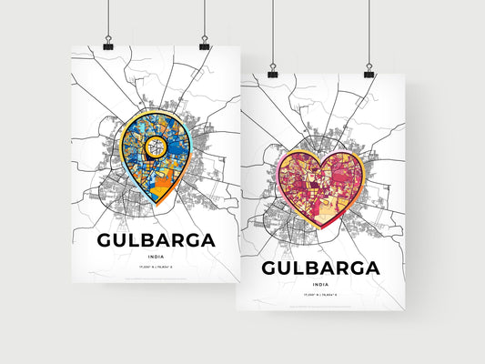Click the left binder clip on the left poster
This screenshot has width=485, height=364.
point(107,44)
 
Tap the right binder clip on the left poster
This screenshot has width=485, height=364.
point(204,44)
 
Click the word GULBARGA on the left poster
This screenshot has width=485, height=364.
point(156,241)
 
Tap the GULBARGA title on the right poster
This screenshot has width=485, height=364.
point(320,268)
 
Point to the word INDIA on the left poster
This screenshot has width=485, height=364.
point(156,258)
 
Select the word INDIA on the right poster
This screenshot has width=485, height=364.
point(320,285)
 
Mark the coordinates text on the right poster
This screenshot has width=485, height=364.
point(320,296)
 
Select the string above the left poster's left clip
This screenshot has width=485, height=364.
point(107,18)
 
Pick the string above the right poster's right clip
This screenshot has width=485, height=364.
point(369,32)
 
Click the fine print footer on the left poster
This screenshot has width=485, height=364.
point(156,278)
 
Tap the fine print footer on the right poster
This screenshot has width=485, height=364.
point(320,305)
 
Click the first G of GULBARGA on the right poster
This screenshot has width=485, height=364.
point(270,268)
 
